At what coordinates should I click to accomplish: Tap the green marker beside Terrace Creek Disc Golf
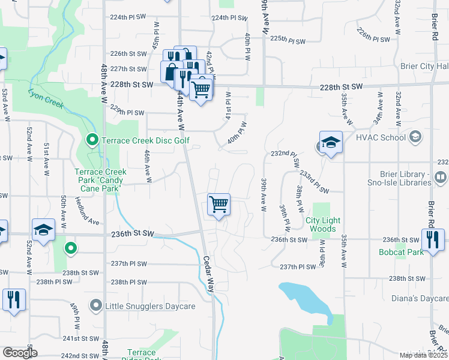[92, 141]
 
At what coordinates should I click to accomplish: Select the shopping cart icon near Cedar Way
[219, 205]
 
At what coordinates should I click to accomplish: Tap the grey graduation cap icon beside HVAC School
[414, 137]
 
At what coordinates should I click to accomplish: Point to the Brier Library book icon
[441, 178]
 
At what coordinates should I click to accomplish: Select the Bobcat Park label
[398, 252]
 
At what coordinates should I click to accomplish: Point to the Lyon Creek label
[46, 99]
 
